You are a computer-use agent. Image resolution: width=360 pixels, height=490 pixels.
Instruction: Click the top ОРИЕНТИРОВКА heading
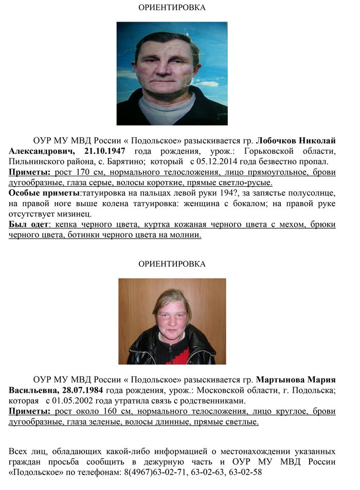(x=172, y=8)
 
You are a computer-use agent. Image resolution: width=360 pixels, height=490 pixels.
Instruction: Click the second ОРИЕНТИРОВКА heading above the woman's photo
(x=172, y=264)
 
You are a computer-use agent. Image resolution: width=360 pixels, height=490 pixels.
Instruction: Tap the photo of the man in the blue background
(x=172, y=74)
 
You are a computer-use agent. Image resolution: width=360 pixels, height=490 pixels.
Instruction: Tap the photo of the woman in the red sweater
(x=172, y=321)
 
